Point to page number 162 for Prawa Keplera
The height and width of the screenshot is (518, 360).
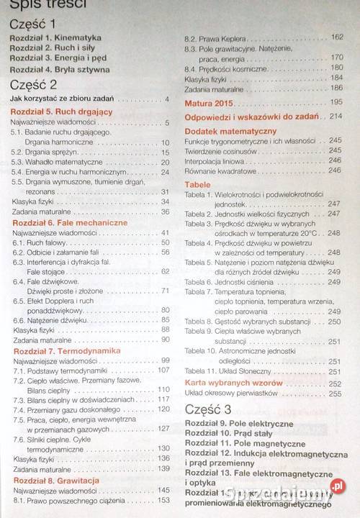(x=336, y=37)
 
